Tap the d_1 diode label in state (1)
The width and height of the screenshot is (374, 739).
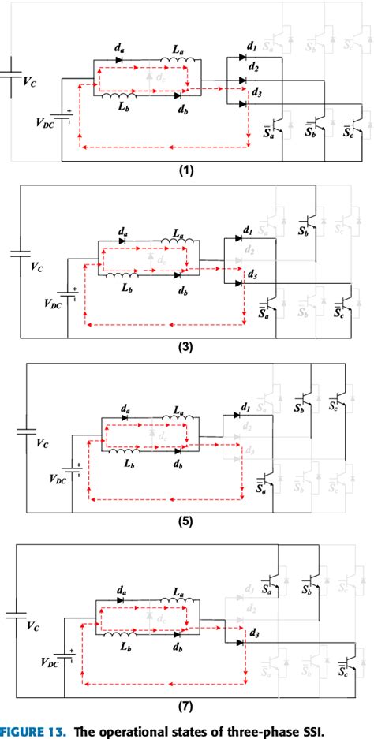(252, 48)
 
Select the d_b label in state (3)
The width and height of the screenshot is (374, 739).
(183, 291)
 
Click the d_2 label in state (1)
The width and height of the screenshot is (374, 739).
(252, 68)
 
